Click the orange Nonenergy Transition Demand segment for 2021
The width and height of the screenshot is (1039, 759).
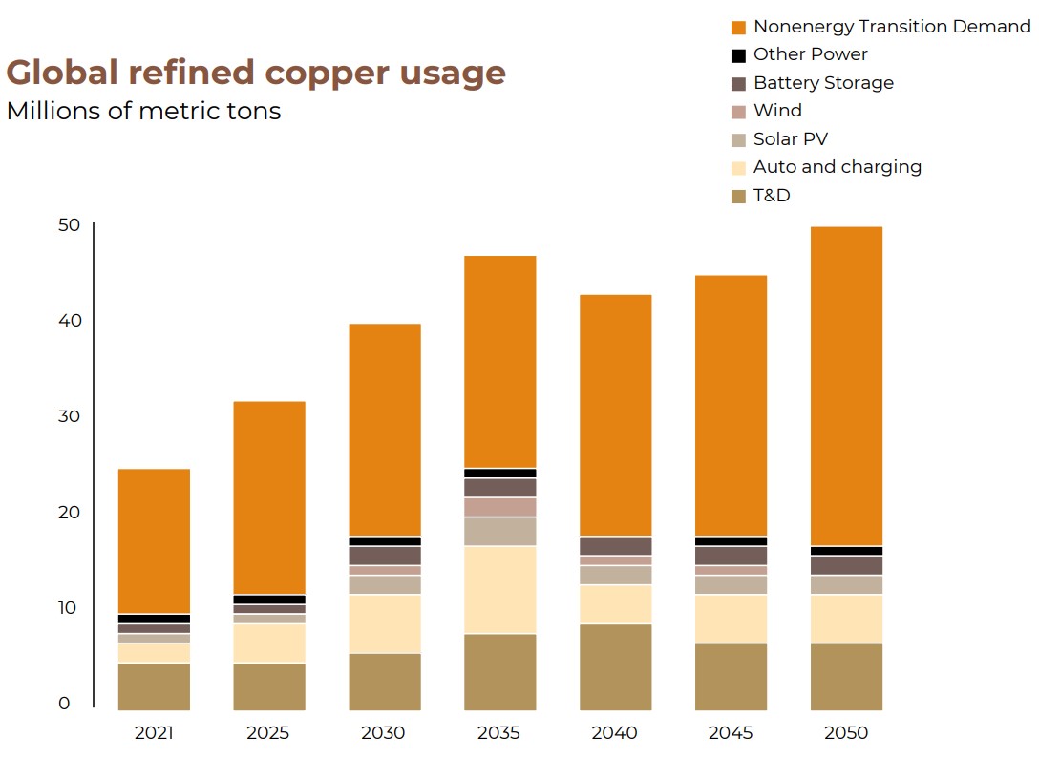(154, 540)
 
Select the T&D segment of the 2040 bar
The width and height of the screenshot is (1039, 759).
(616, 666)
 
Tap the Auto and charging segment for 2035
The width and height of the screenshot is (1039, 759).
(500, 589)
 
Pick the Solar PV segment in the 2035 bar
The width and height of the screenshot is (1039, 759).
(500, 531)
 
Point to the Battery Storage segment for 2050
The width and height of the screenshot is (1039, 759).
(846, 564)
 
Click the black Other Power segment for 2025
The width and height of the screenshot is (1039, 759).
(269, 599)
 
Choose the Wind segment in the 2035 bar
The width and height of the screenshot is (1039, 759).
(500, 507)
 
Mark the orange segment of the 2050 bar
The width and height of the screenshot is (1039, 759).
(846, 386)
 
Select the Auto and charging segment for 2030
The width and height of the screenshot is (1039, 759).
(385, 623)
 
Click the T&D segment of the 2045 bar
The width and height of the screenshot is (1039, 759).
(731, 676)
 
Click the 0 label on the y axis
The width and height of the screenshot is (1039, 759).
(64, 704)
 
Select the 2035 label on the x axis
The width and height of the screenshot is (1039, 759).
(499, 733)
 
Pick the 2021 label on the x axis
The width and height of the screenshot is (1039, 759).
(154, 733)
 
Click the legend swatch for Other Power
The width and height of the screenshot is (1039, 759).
(738, 55)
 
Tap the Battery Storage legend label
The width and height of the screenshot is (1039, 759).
(823, 83)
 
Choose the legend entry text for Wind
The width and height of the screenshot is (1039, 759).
(777, 111)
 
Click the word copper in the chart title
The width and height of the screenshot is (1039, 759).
(316, 73)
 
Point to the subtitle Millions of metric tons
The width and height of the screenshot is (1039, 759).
(143, 111)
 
